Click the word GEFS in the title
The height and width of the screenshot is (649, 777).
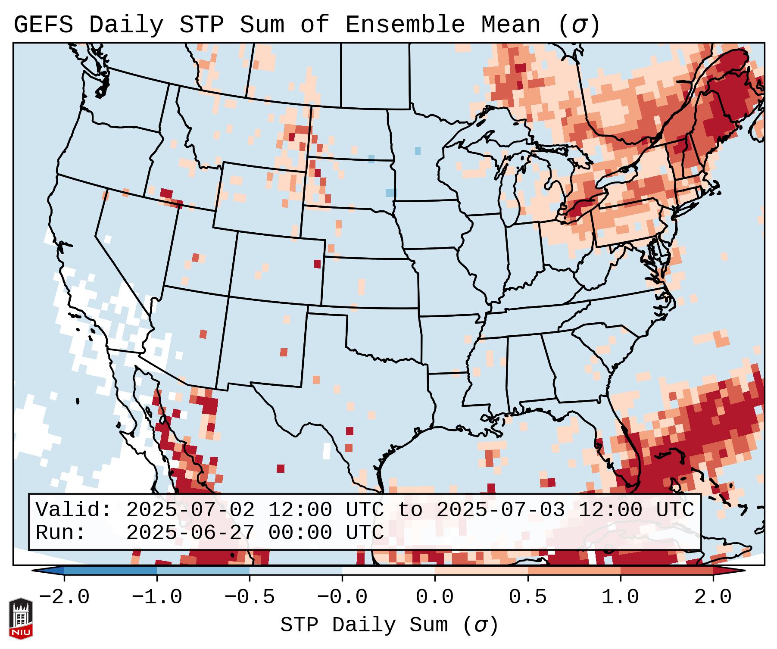43,25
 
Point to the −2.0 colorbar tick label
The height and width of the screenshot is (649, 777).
64,597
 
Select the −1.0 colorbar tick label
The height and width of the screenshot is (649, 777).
157,597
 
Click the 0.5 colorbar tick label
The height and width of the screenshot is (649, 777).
527,597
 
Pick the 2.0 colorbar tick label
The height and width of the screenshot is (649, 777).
713,597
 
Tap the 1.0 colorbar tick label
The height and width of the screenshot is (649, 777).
620,597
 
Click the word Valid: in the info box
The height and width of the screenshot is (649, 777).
74,510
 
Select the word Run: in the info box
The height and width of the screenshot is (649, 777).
61,533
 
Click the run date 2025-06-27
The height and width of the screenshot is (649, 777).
190,533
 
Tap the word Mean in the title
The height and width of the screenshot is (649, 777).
511,25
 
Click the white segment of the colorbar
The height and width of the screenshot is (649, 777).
388,571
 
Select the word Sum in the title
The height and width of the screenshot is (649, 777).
262,25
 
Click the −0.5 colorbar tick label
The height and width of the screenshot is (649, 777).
250,597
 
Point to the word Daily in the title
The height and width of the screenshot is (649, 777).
126,25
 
